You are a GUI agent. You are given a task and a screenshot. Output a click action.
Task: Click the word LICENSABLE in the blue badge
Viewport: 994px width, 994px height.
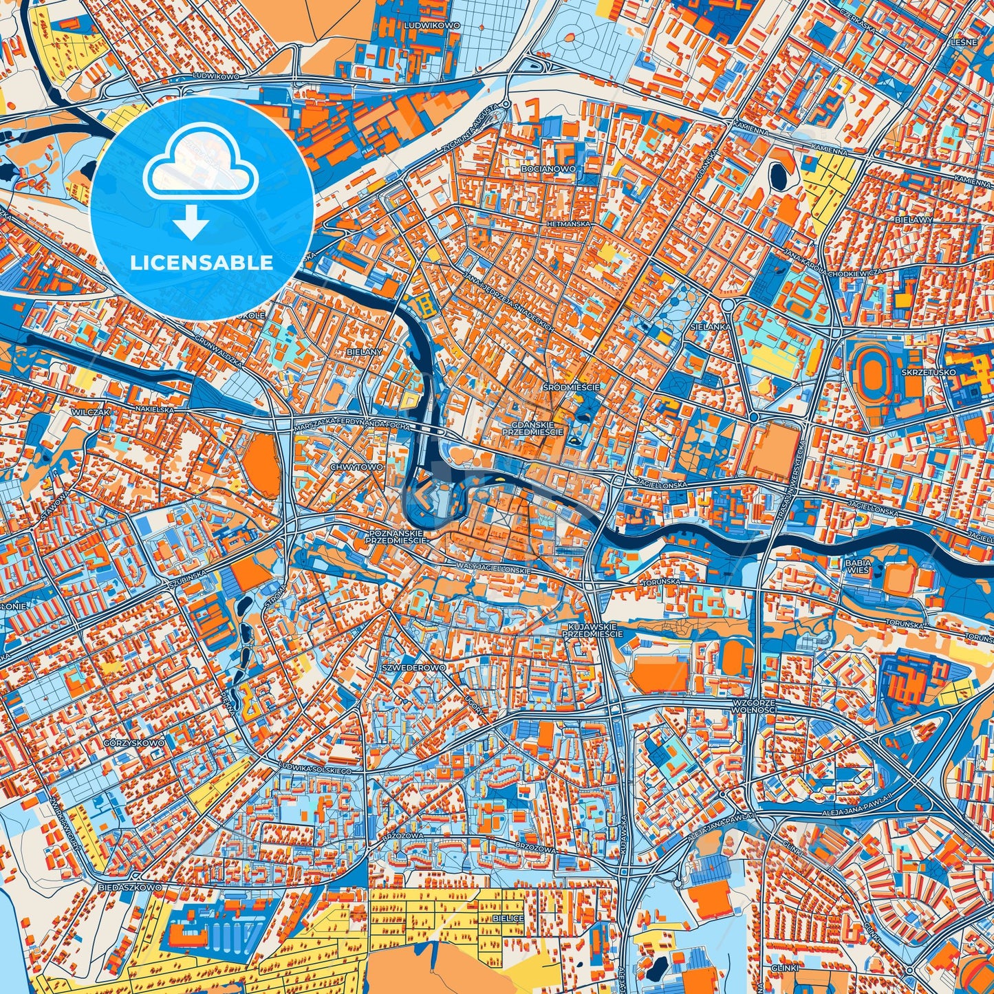tap(202, 263)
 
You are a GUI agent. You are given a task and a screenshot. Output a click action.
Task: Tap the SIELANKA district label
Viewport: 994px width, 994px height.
tap(711, 327)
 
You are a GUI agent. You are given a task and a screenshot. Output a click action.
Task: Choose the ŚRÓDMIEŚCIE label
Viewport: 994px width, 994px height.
tap(571, 387)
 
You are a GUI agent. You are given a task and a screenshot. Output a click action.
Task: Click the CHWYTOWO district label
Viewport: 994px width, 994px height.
tap(356, 467)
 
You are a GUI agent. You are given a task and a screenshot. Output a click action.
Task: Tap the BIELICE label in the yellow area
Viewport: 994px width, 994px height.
tap(508, 918)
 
